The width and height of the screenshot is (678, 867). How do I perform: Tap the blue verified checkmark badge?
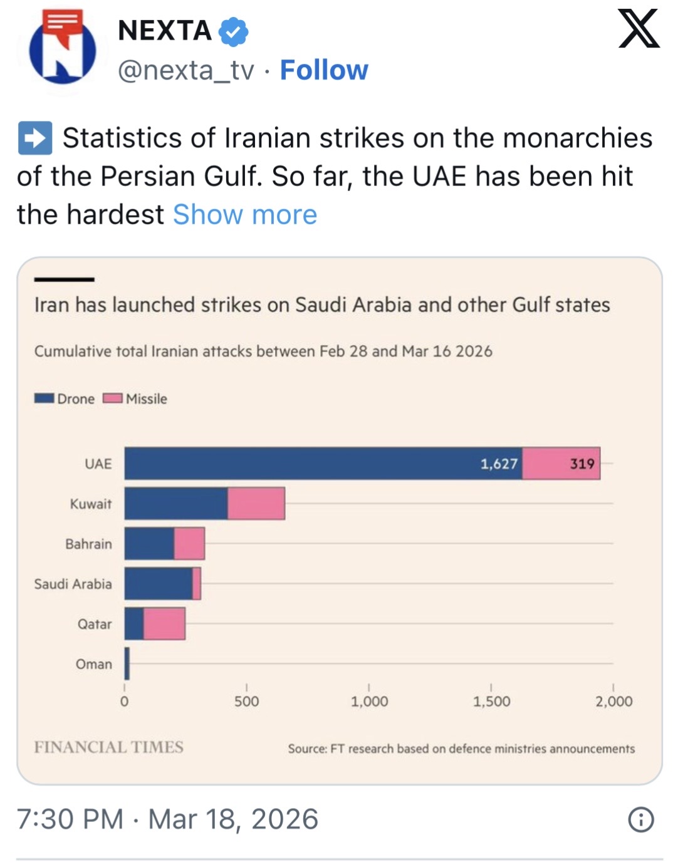pyautogui.click(x=234, y=31)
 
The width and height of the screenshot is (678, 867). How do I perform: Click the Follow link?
pyautogui.click(x=324, y=70)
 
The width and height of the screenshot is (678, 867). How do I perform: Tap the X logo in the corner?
pyautogui.click(x=639, y=29)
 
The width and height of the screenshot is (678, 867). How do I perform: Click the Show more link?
pyautogui.click(x=245, y=215)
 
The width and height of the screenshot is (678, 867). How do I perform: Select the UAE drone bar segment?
pyautogui.click(x=323, y=464)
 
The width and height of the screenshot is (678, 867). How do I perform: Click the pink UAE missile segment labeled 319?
pyautogui.click(x=561, y=464)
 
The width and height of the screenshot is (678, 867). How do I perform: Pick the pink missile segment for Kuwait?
pyautogui.click(x=256, y=504)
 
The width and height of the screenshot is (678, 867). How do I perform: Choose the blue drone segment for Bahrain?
pyautogui.click(x=149, y=544)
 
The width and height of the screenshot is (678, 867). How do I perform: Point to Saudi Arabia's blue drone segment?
pyautogui.click(x=158, y=584)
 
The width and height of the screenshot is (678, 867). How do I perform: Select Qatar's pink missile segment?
pyautogui.click(x=164, y=624)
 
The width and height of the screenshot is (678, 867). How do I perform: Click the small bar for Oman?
pyautogui.click(x=127, y=664)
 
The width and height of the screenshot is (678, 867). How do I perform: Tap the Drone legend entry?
pyautogui.click(x=65, y=399)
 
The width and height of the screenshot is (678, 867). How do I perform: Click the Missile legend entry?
pyautogui.click(x=135, y=399)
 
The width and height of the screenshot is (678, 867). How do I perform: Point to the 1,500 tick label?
pyautogui.click(x=491, y=702)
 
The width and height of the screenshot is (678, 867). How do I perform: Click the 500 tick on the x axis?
pyautogui.click(x=246, y=702)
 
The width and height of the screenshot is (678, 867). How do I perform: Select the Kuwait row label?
pyautogui.click(x=91, y=504)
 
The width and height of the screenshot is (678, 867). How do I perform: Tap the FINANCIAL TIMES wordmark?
pyautogui.click(x=108, y=747)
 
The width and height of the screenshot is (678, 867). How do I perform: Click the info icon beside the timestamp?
pyautogui.click(x=641, y=819)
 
